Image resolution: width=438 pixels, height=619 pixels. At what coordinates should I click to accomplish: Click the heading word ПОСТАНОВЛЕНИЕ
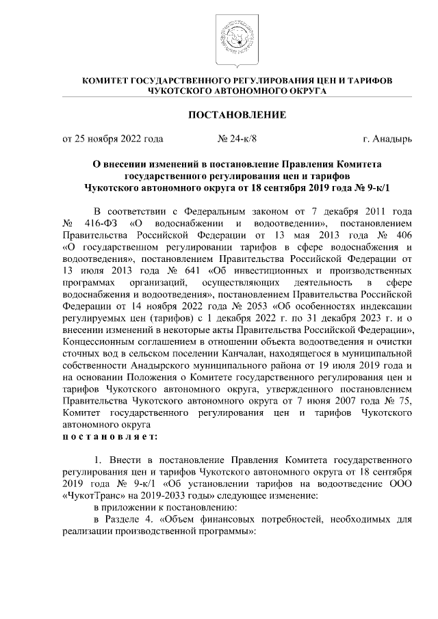(237, 113)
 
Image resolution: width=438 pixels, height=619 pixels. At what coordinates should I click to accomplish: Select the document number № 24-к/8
(237, 140)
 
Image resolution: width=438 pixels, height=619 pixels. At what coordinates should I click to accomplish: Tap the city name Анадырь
(393, 140)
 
